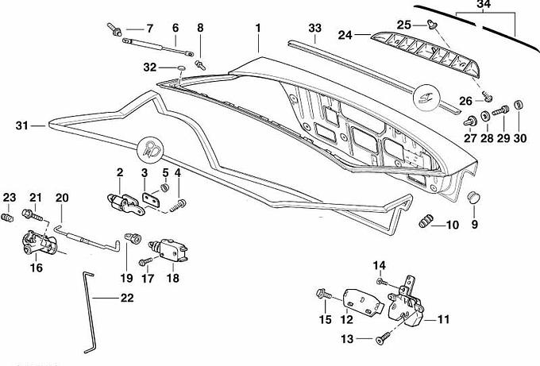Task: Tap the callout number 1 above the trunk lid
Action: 258,29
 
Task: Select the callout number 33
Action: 315,29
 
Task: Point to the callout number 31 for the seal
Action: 21,125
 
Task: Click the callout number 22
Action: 127,299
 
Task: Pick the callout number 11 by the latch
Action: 443,320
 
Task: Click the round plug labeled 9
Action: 475,196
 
